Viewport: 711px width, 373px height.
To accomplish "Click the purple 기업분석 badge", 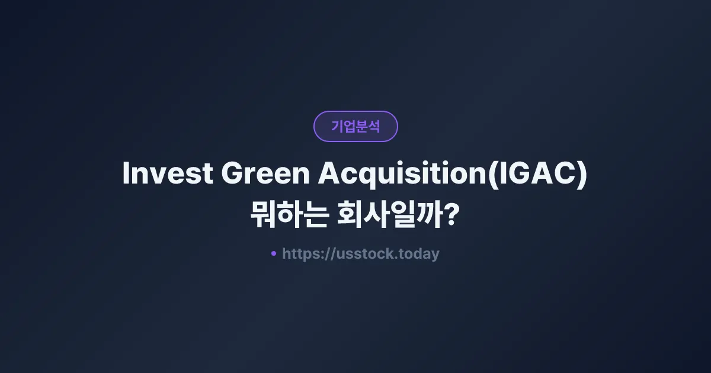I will pyautogui.click(x=355, y=126).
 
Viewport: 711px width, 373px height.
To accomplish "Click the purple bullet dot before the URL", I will pyautogui.click(x=274, y=253).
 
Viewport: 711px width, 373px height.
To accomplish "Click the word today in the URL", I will pyautogui.click(x=419, y=254).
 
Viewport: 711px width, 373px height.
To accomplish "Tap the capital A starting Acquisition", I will pyautogui.click(x=330, y=174).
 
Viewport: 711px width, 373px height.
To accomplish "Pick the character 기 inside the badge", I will pyautogui.click(x=337, y=126).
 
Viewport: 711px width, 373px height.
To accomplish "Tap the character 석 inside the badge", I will pyautogui.click(x=374, y=126).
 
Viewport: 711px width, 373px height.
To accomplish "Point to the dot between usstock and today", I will pyautogui.click(x=396, y=258).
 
